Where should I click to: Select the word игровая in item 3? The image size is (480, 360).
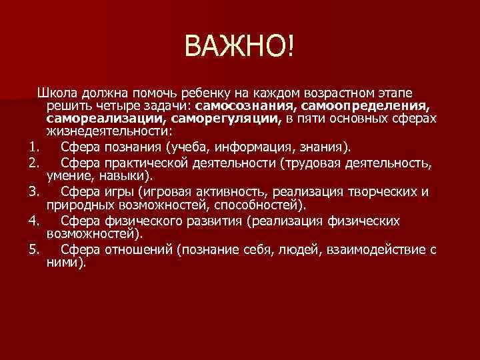[164, 193]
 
